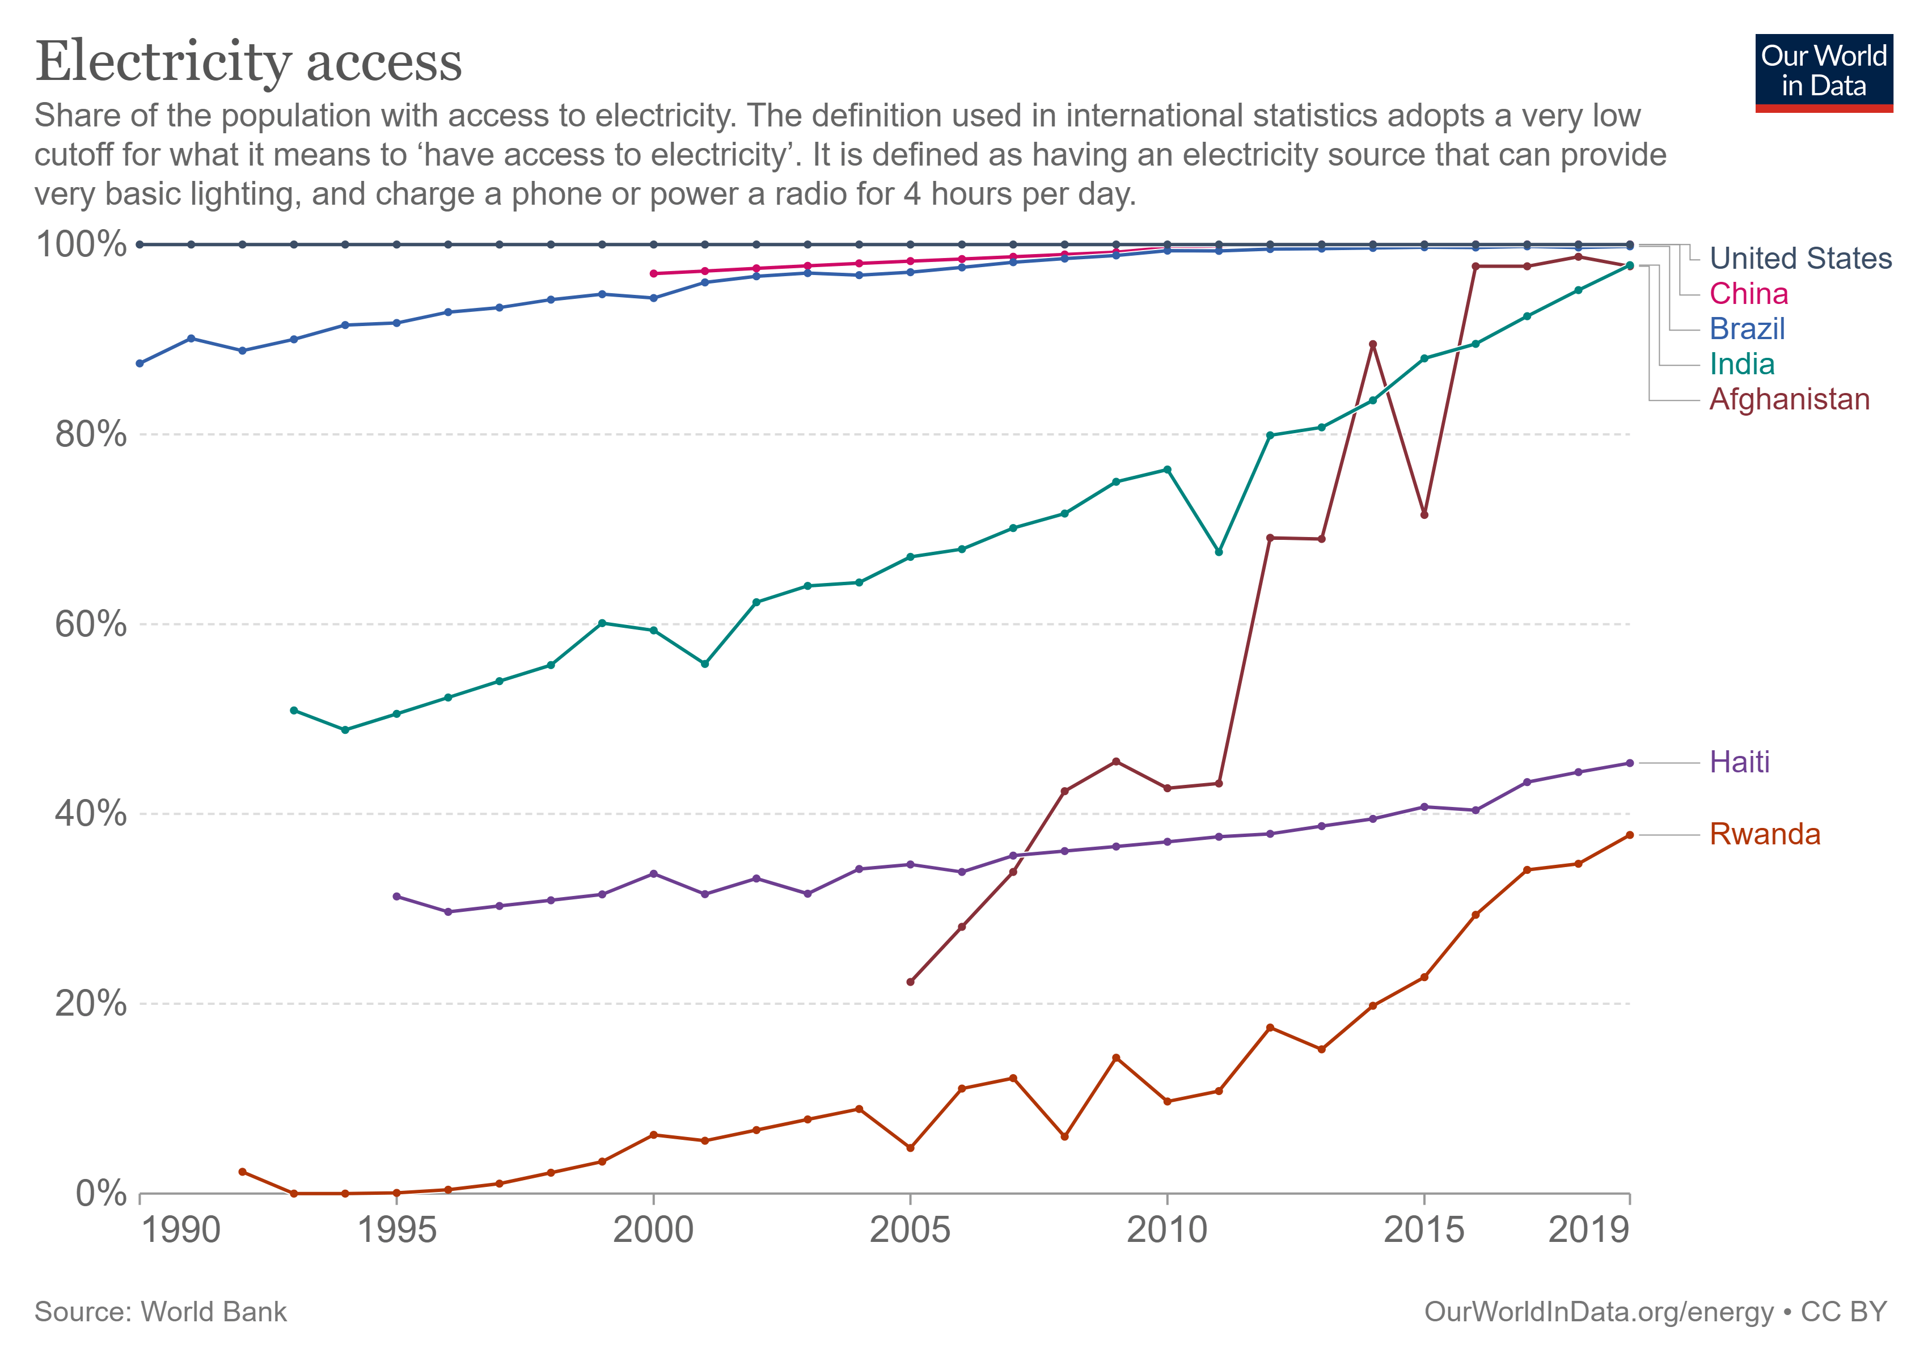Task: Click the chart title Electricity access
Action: point(248,62)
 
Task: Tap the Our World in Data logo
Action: point(1823,72)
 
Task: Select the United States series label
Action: point(1800,259)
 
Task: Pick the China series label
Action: point(1748,294)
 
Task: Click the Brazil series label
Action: point(1747,329)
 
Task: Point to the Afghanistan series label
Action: point(1790,400)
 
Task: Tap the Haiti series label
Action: point(1739,762)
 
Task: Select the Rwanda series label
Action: point(1764,835)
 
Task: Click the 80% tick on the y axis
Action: point(91,435)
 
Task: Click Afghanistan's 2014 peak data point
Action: point(1373,344)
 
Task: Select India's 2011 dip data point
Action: point(1219,552)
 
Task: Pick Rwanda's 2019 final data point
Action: point(1630,835)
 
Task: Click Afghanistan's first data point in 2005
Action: point(910,982)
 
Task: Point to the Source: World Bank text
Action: point(160,1312)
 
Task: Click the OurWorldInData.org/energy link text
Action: point(1599,1312)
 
